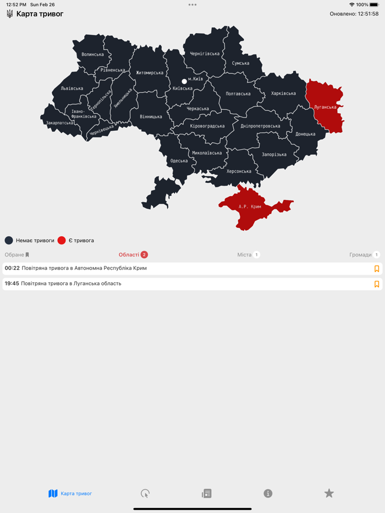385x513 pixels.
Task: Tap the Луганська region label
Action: click(325, 107)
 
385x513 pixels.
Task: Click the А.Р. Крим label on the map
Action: click(250, 207)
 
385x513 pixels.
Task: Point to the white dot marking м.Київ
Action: click(184, 81)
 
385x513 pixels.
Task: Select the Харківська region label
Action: click(283, 93)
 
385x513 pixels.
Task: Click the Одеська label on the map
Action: click(179, 161)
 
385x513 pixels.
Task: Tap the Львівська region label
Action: click(72, 88)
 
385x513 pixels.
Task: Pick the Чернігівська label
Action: click(205, 54)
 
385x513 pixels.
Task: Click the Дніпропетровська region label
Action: click(260, 126)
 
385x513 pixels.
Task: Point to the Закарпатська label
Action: click(59, 123)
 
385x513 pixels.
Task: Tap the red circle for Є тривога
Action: click(62, 240)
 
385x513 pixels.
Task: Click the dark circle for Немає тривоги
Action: click(9, 240)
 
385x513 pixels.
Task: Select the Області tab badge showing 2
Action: click(144, 255)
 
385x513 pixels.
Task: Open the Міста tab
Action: click(245, 255)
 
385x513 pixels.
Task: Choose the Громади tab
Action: click(361, 255)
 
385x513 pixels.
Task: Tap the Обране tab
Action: click(16, 255)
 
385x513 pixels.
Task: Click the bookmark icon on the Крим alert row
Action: click(377, 269)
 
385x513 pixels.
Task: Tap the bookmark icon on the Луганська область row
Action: click(377, 284)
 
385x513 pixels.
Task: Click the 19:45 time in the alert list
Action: click(12, 283)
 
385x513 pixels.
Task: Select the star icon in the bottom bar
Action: click(329, 493)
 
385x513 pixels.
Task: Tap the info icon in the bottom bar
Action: click(268, 493)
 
